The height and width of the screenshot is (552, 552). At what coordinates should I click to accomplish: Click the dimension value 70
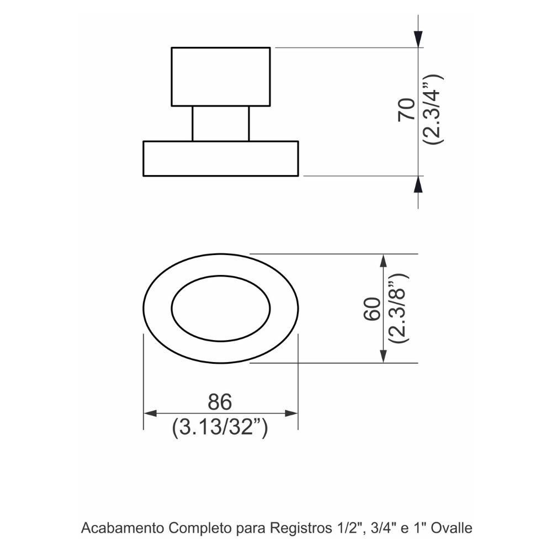(406, 110)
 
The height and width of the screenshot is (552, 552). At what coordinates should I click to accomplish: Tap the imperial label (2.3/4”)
(433, 109)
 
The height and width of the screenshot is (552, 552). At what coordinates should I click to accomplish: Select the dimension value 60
(372, 309)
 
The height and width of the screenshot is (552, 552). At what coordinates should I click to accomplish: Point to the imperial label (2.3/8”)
(399, 308)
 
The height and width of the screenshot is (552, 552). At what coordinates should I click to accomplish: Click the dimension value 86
(220, 402)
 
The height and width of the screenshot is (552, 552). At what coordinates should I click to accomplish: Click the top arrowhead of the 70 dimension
(418, 39)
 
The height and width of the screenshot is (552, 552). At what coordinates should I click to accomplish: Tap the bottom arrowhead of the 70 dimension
(418, 184)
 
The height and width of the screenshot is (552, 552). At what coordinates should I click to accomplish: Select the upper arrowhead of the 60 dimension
(384, 262)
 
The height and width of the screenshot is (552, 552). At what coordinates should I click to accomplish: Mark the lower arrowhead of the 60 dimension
(384, 354)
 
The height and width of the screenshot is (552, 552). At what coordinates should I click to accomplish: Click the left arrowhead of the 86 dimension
(150, 413)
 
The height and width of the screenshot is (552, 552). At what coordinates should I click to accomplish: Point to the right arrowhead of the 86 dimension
(291, 413)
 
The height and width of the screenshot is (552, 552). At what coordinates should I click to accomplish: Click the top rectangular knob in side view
(221, 76)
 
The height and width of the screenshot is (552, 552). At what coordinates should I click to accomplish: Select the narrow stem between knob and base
(221, 124)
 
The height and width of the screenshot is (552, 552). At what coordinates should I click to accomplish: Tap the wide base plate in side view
(221, 158)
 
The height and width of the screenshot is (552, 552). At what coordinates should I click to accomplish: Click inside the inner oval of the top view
(221, 309)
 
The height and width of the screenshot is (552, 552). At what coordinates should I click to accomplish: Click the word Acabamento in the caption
(122, 528)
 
